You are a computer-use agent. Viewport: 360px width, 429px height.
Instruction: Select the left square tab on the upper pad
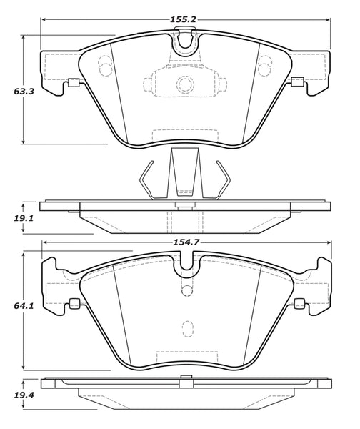click(x=71, y=84)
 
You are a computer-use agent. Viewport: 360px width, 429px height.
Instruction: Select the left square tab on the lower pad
click(x=74, y=303)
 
